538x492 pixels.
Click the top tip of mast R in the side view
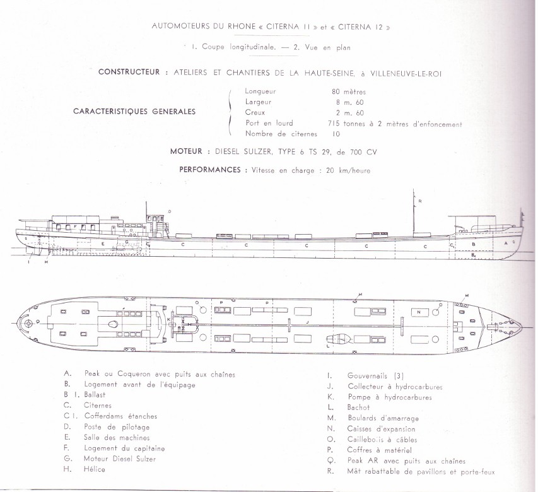coord(414,189)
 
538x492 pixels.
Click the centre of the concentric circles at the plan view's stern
coord(28,324)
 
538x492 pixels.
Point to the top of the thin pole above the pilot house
coord(146,202)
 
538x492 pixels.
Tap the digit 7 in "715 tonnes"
coord(330,124)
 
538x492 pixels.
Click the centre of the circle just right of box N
coord(436,312)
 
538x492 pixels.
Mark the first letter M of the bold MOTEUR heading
coord(173,151)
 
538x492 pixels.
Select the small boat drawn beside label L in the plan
coord(339,339)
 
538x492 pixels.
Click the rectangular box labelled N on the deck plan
coord(419,312)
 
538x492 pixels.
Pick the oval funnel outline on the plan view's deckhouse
coord(112,324)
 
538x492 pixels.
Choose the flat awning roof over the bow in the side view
coord(472,216)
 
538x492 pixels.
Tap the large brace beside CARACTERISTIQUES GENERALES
coord(230,113)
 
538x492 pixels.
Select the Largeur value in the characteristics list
coord(349,102)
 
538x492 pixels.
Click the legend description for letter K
coord(389,397)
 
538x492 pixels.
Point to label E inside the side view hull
coord(103,243)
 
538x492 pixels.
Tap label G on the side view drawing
coord(127,242)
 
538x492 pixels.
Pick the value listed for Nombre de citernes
coord(336,134)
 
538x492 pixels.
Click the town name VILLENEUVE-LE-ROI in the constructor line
coord(406,73)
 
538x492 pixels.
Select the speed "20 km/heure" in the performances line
coord(348,170)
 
